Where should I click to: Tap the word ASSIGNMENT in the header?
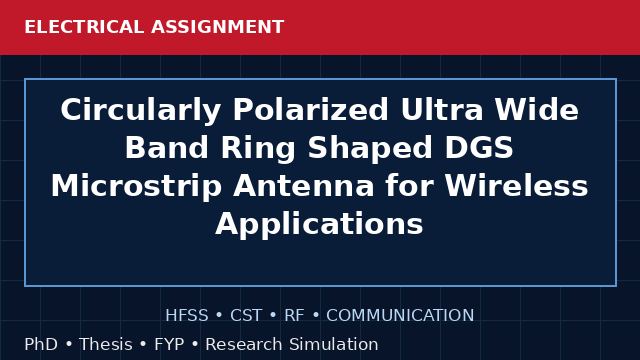coord(218,27)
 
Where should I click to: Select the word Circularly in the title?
coord(141,110)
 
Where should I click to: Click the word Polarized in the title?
coord(311,110)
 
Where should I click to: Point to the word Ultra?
coord(442,109)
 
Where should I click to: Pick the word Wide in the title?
coord(537,109)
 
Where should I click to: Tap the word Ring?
coord(258,149)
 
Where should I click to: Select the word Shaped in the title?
coord(370,149)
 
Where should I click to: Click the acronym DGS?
coord(479,147)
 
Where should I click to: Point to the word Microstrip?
coord(136,187)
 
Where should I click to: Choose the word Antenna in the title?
coord(304,185)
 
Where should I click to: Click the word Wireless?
coord(516,185)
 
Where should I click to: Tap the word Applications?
coord(319,224)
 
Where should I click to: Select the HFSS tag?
coord(187,315)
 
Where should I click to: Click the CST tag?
coord(246,315)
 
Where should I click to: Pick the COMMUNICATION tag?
coord(400,315)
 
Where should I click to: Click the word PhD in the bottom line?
coord(41,344)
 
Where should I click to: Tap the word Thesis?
coord(106,344)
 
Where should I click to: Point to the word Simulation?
coord(334,344)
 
